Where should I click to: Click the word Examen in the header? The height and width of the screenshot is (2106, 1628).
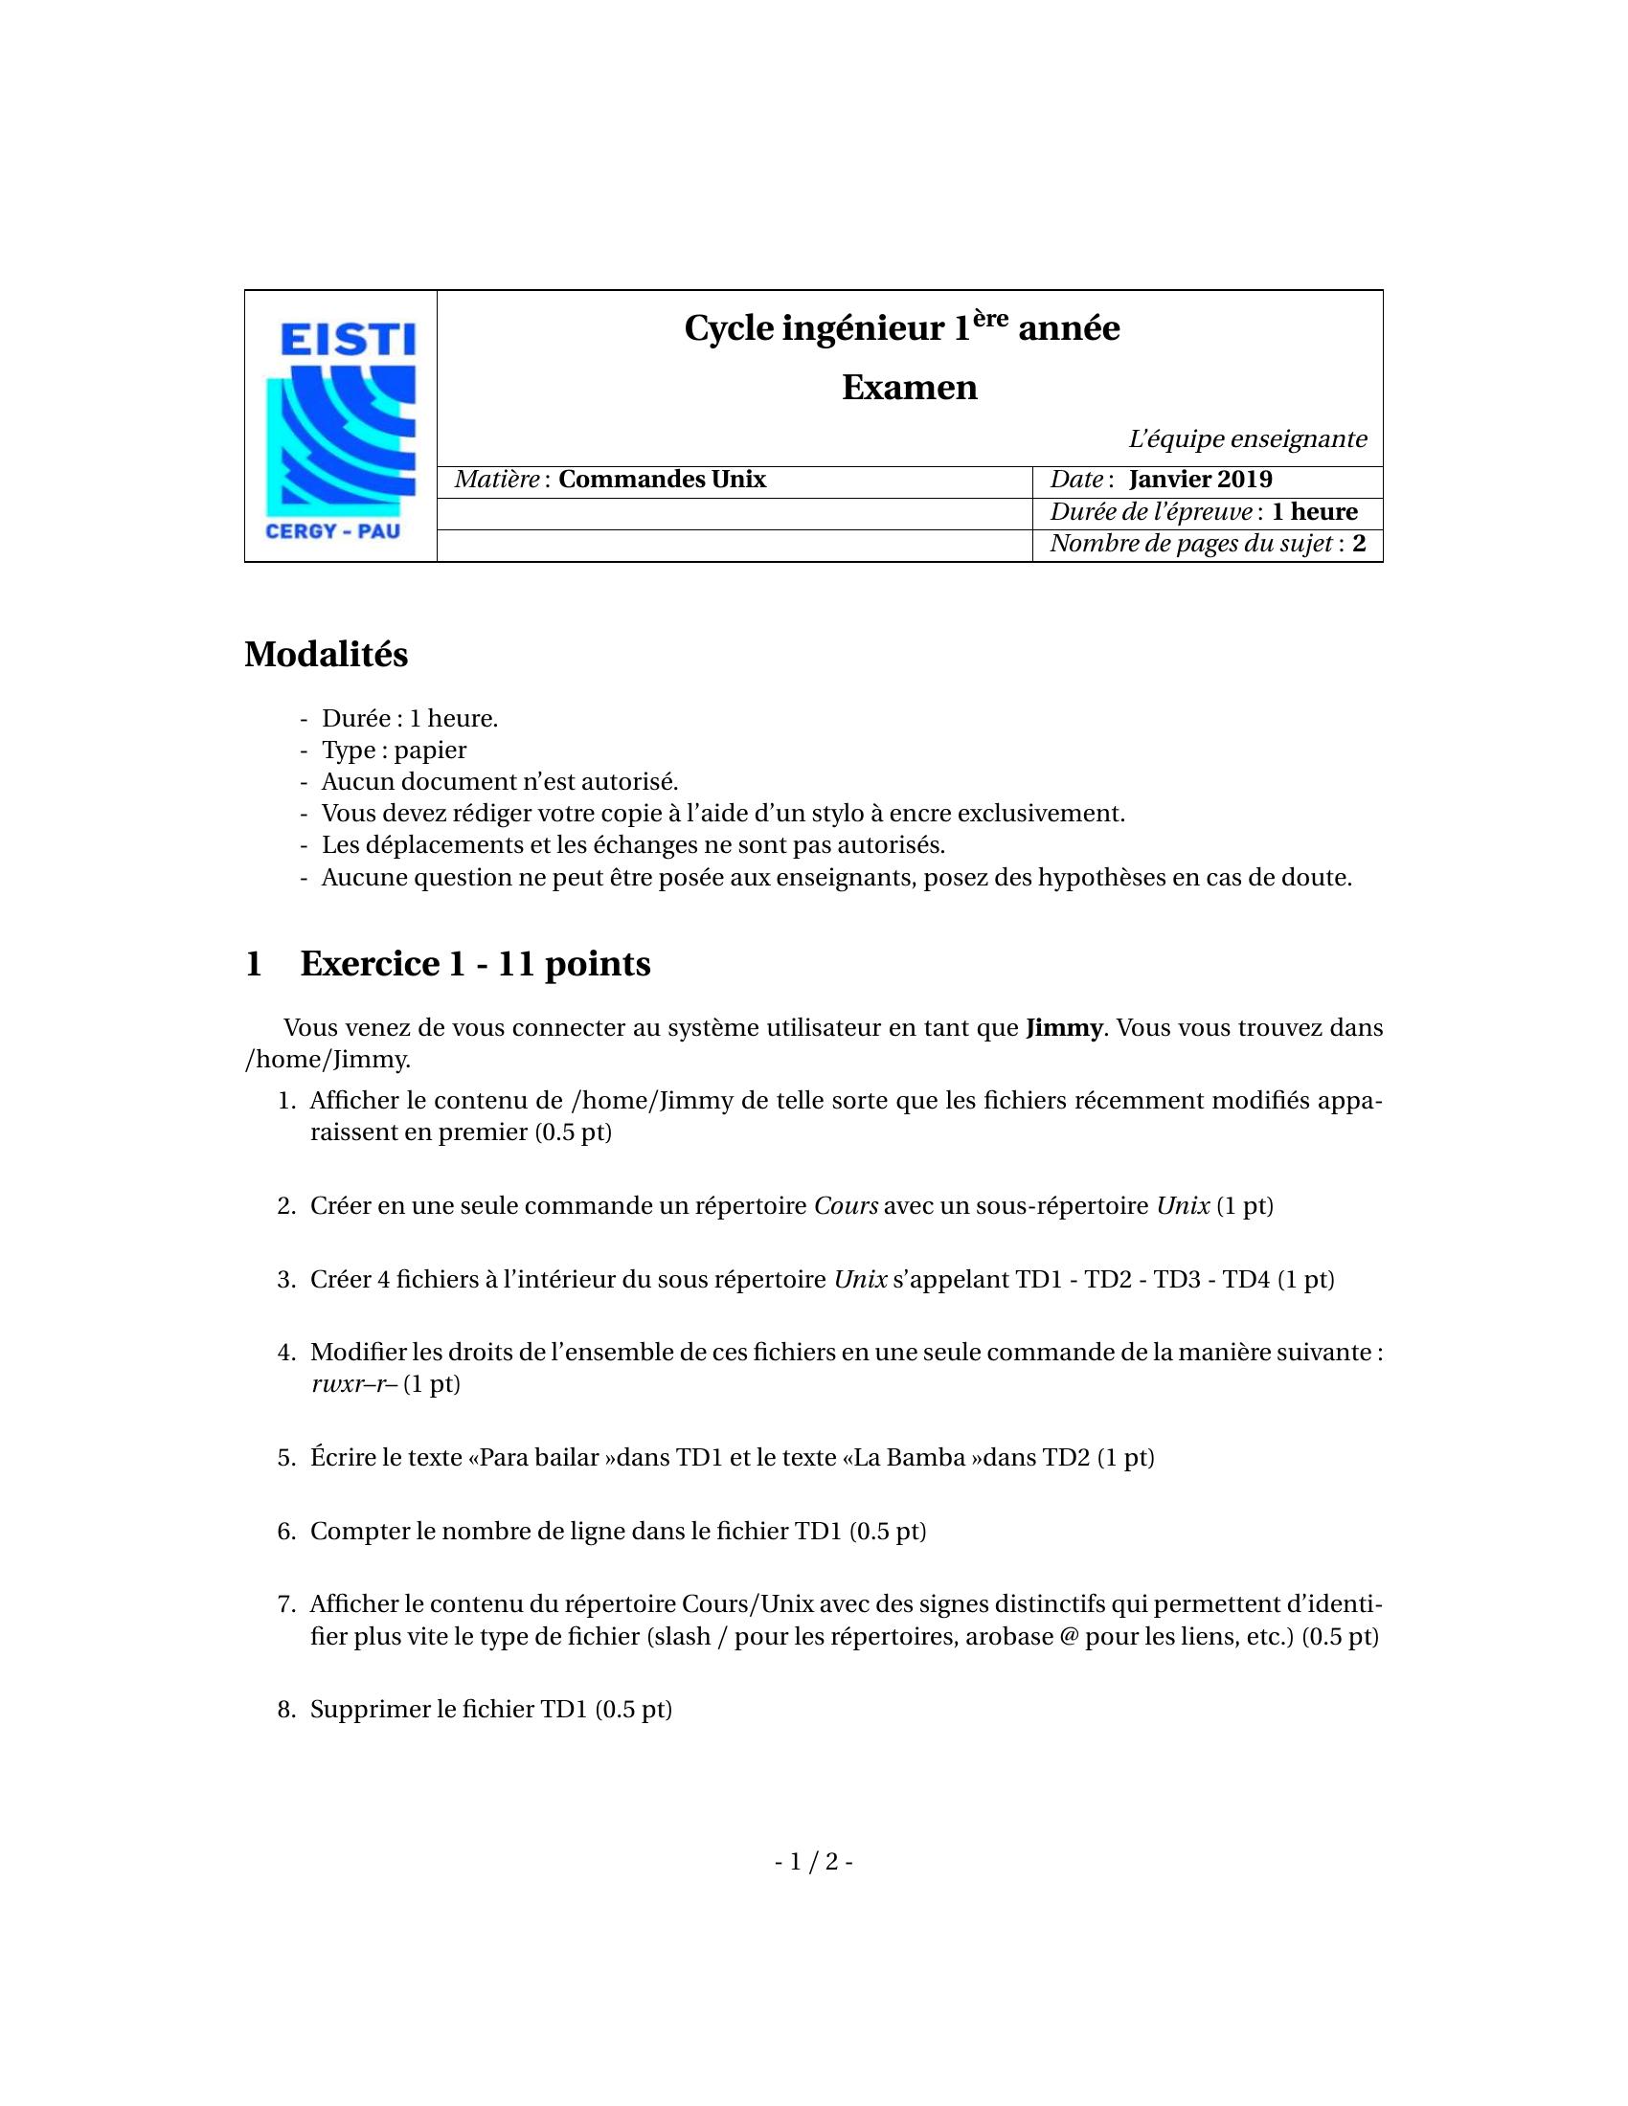click(909, 388)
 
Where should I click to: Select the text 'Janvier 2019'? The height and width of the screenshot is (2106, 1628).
click(1200, 481)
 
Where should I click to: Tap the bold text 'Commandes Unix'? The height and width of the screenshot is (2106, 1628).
click(662, 481)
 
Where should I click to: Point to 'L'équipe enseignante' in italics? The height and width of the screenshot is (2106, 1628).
click(1247, 439)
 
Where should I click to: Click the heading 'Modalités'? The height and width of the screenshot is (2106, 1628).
click(326, 655)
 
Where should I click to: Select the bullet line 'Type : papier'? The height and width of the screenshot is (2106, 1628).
click(394, 751)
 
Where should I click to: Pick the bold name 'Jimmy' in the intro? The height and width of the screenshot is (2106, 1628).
click(1063, 1028)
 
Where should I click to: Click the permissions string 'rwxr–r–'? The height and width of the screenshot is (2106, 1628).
click(354, 1385)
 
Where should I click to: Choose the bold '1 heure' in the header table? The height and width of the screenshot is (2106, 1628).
click(1314, 512)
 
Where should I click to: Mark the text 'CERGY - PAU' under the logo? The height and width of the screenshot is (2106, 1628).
click(331, 530)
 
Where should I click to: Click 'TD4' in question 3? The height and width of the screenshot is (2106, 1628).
click(1247, 1281)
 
